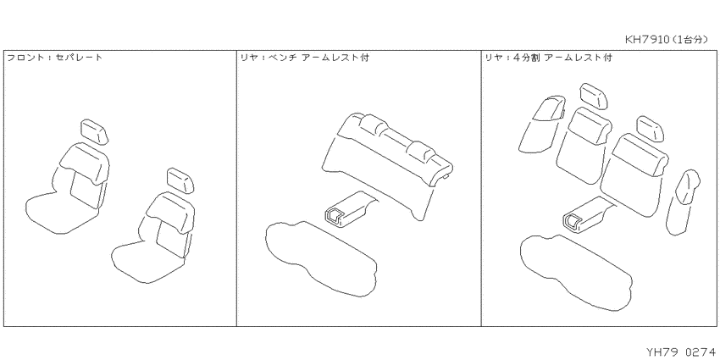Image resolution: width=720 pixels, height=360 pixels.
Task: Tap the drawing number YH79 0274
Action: [x=681, y=352]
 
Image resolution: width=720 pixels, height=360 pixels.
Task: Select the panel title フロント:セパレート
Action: [x=55, y=58]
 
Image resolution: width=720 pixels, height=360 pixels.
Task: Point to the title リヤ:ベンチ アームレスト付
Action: [x=305, y=58]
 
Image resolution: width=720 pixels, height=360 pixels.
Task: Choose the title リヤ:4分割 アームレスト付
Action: [x=548, y=58]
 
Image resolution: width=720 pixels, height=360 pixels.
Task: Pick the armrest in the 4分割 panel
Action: [x=589, y=213]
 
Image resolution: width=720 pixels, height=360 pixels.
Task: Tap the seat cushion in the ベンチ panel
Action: [x=321, y=258]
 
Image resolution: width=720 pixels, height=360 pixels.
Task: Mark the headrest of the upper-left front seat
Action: [x=95, y=131]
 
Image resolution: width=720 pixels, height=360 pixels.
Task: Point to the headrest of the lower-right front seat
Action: [x=181, y=180]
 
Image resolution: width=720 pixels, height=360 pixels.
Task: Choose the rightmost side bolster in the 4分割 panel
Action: [x=682, y=201]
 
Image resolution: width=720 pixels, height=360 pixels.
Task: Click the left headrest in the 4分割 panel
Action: [x=595, y=96]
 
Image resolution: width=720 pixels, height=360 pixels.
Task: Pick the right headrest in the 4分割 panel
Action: [x=651, y=129]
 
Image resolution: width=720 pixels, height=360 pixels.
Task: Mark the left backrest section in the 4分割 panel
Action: [x=583, y=145]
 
